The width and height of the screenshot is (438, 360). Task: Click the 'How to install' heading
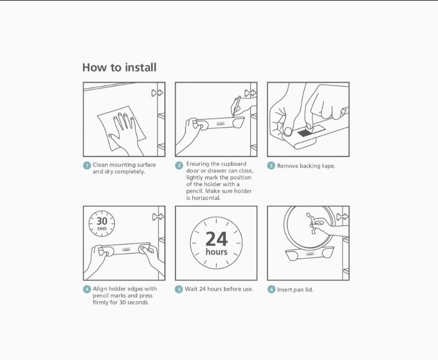click(119, 68)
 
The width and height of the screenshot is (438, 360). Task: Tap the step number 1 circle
click(87, 166)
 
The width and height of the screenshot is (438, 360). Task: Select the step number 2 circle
click(179, 166)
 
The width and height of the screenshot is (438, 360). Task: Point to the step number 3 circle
click(271, 166)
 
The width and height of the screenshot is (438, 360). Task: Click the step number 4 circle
click(87, 289)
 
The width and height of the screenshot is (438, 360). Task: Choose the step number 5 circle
click(179, 289)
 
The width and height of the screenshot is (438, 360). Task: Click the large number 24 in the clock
click(216, 239)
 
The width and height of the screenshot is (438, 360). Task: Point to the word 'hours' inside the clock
click(216, 252)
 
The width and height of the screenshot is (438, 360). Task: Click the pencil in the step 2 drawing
click(236, 106)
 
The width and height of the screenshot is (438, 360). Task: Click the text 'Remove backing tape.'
click(306, 166)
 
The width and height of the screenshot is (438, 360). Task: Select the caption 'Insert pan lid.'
click(295, 290)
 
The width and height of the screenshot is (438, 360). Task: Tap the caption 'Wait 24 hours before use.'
click(219, 289)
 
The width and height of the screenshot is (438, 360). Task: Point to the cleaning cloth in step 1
click(121, 128)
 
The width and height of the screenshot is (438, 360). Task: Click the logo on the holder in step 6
click(310, 254)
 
